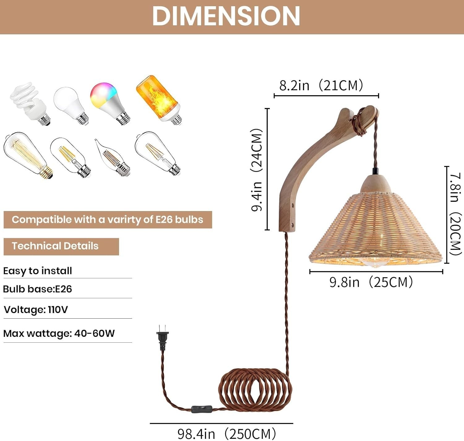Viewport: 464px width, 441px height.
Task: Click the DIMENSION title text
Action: click(x=226, y=16)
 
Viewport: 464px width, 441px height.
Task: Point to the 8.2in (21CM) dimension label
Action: click(x=321, y=85)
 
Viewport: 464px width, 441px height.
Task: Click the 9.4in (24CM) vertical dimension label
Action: click(x=256, y=170)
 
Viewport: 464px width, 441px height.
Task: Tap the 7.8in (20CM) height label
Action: click(x=455, y=214)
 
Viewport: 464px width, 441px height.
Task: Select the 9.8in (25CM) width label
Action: click(x=371, y=282)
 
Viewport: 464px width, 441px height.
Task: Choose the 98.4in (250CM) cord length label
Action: click(x=226, y=433)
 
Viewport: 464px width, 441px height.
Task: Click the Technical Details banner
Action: click(x=61, y=246)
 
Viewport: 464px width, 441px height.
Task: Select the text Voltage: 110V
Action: click(x=36, y=309)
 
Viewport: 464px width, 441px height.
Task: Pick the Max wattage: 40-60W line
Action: click(x=59, y=333)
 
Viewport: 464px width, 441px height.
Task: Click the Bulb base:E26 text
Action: click(x=37, y=289)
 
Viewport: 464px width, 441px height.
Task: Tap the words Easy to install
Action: click(x=37, y=271)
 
